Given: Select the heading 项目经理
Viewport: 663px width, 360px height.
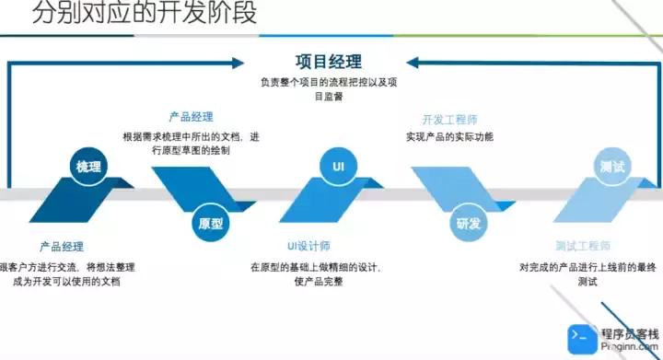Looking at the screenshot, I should pos(329,62).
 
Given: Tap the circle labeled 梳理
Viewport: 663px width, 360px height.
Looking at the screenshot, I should pos(89,167).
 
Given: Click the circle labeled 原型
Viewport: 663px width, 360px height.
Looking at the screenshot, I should pos(210,224).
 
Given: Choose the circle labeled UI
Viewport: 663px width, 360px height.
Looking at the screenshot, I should pos(338,166).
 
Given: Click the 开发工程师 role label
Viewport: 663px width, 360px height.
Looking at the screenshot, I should pos(449,121).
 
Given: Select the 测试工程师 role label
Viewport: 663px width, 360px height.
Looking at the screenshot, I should pos(583,247).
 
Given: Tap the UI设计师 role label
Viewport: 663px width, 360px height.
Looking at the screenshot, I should pos(315,247).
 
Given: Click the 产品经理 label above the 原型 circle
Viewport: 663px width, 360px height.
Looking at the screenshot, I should pos(191,118).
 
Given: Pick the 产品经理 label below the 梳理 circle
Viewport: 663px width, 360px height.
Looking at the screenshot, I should pos(62,247).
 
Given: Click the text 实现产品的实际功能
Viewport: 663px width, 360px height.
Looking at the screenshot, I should pos(449,137).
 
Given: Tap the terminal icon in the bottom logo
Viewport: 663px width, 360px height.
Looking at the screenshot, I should pos(579,337).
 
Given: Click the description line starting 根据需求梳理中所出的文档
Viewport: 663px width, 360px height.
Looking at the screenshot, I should pos(191,137).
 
